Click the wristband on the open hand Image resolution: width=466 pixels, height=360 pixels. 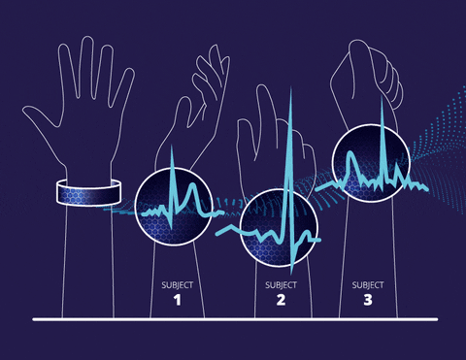[x=88, y=192]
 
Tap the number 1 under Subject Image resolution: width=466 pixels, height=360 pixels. [x=177, y=301]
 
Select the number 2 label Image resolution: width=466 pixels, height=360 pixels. [x=281, y=301]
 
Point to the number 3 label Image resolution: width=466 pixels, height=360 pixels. [x=368, y=301]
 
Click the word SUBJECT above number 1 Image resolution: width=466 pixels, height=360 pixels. [x=177, y=285]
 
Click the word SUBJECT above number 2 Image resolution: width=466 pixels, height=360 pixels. [x=281, y=285]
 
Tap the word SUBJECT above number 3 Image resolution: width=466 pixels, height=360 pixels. [x=368, y=285]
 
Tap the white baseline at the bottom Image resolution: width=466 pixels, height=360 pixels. [x=233, y=318]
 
